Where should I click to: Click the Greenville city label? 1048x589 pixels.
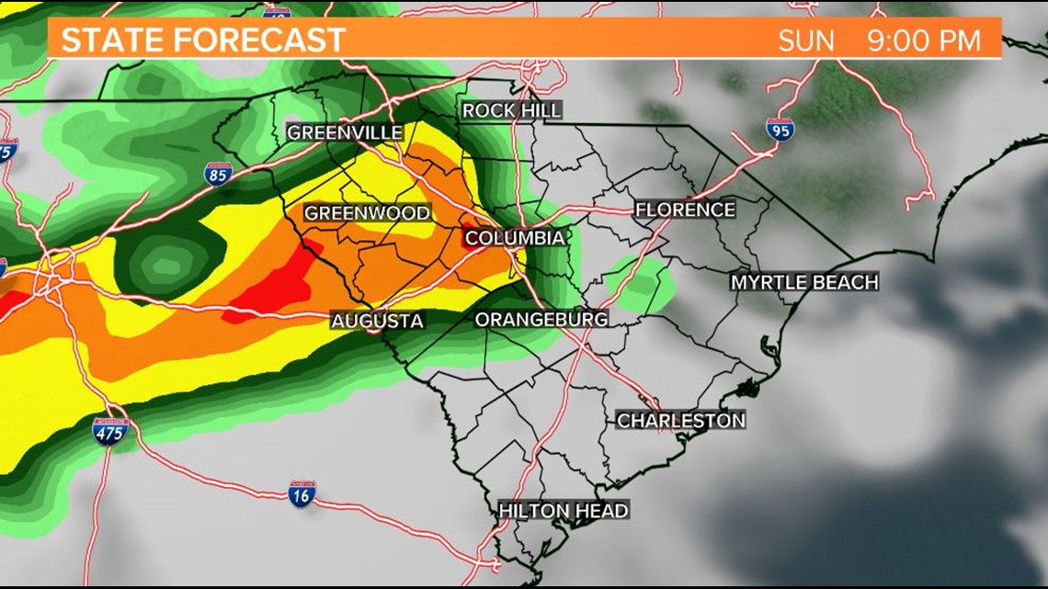pos(345,132)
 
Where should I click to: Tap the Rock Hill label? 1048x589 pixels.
pos(511,110)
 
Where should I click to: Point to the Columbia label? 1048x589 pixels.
pos(514,238)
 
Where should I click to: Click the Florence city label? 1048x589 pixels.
pos(685,210)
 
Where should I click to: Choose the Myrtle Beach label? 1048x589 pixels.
pos(804,282)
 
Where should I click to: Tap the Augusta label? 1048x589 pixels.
pos(378,321)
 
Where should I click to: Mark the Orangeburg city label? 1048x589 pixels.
pos(541,319)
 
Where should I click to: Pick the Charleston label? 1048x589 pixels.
pos(680,421)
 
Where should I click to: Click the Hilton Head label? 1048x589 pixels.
pos(564,510)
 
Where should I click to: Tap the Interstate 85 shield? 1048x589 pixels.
pos(218,173)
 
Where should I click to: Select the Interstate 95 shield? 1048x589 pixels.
pos(780,130)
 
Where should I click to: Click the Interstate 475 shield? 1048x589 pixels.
pos(108,431)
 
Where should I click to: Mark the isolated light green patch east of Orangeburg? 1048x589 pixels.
pos(641,284)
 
